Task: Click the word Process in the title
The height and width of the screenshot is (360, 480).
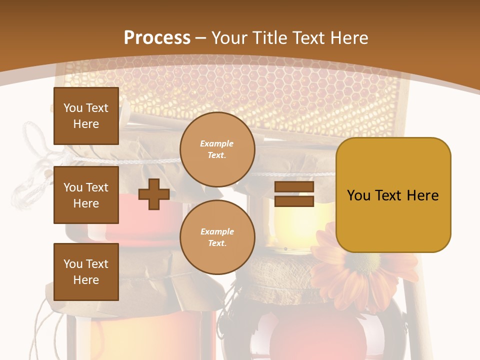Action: point(157,37)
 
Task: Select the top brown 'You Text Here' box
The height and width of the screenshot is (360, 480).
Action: point(86,116)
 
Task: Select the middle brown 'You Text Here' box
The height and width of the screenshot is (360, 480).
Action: point(86,195)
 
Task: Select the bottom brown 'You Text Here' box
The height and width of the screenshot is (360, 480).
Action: point(86,271)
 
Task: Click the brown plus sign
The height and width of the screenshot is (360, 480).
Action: point(153,194)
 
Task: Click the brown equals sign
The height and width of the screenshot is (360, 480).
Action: point(294,194)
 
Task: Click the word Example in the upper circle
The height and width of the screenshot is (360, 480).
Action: point(216,143)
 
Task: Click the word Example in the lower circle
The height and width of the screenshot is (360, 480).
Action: point(217,231)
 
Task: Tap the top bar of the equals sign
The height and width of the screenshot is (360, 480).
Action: point(294,187)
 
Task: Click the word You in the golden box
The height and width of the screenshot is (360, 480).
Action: point(358,195)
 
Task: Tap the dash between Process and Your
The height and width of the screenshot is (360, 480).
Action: point(201,38)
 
